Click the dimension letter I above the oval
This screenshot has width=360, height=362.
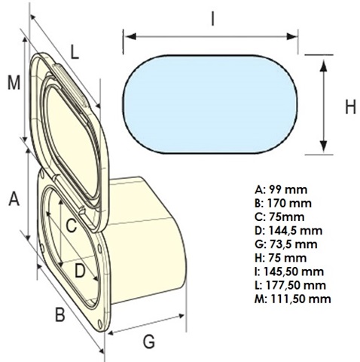click(x=213, y=19)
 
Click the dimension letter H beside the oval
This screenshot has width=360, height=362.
click(x=350, y=107)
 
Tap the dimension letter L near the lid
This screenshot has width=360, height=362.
click(x=75, y=52)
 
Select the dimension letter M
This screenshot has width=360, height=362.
click(x=14, y=83)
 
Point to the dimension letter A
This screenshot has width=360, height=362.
click(x=14, y=198)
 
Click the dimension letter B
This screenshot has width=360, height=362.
click(x=60, y=314)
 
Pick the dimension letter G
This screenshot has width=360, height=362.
click(x=149, y=342)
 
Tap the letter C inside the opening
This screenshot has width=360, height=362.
click(x=72, y=225)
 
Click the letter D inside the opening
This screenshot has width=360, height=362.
click(x=80, y=271)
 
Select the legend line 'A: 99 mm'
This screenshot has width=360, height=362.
click(x=281, y=190)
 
